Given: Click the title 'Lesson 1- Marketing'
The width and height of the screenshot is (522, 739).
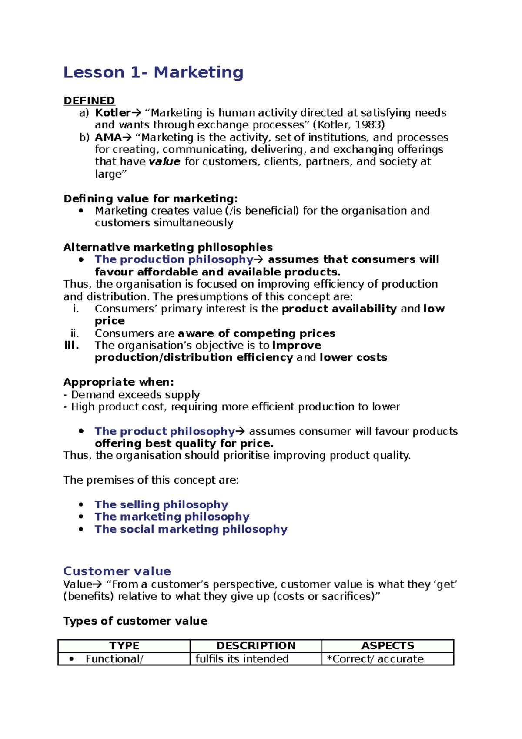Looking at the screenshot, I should point(153,72).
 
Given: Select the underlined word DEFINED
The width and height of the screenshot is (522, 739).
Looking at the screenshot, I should point(89,101).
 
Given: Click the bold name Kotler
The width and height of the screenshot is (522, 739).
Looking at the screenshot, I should point(113,113).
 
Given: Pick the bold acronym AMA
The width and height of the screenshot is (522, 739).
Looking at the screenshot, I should point(108,138).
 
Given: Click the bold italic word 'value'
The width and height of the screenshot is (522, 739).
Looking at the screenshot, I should point(164,162).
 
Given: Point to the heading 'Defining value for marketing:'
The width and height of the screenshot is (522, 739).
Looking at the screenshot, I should point(151,199).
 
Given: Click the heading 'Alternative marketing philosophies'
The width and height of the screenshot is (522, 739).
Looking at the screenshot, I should point(168,248).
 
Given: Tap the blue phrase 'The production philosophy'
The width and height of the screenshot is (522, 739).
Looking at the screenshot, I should point(174,260).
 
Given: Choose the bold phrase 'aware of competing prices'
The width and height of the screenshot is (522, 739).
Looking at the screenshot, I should point(257,333).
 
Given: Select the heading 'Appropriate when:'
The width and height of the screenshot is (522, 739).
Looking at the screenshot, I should point(119,382).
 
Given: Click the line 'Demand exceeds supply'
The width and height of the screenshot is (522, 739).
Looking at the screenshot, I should point(135,395).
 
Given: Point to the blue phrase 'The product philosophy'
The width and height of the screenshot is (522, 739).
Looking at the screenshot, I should point(165,431).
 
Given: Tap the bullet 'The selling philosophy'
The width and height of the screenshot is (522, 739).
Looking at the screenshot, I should point(161,504).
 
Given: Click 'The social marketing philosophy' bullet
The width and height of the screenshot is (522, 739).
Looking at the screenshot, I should point(191,529).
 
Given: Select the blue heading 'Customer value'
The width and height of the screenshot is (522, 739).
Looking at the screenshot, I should point(117,571).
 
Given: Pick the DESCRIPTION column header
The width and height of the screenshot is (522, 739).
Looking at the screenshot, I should point(256,645).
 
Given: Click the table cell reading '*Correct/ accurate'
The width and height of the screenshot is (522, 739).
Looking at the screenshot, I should point(375,659).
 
